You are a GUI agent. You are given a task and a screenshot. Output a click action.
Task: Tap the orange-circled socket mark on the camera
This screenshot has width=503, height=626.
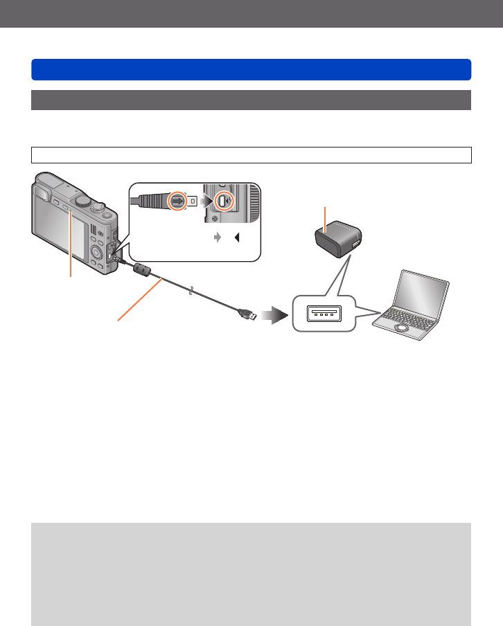[222, 202]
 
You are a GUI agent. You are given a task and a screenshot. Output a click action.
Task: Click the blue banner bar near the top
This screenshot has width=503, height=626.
[251, 70]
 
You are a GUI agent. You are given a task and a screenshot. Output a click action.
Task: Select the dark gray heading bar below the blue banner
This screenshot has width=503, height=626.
[251, 100]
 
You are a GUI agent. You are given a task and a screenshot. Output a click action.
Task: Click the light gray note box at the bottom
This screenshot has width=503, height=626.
[251, 573]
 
